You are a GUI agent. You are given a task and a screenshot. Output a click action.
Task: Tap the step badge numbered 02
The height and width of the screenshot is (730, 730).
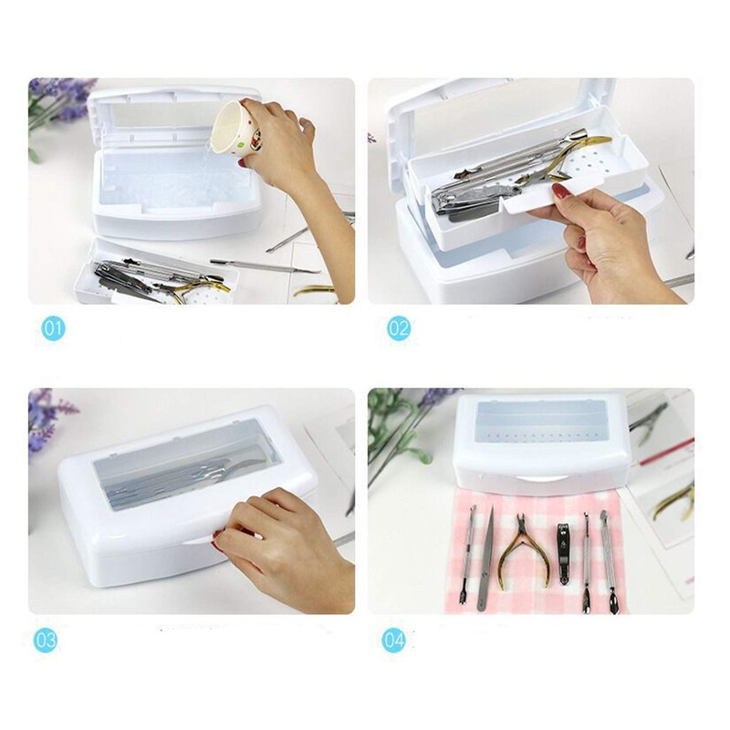pos(399,328)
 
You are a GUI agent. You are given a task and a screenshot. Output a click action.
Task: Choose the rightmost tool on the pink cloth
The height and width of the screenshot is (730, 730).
pos(607,561)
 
